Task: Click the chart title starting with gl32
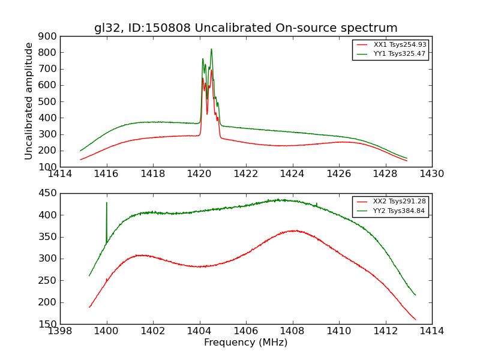click(x=245, y=28)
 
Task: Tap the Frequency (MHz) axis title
click(x=245, y=343)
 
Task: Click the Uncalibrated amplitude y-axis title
click(x=29, y=101)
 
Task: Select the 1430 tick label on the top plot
click(x=431, y=174)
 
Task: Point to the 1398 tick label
click(x=60, y=331)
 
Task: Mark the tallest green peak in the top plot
click(x=211, y=49)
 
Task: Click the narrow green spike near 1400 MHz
click(x=107, y=203)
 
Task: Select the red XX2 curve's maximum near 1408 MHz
click(x=293, y=230)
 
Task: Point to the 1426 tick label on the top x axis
click(x=338, y=174)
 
